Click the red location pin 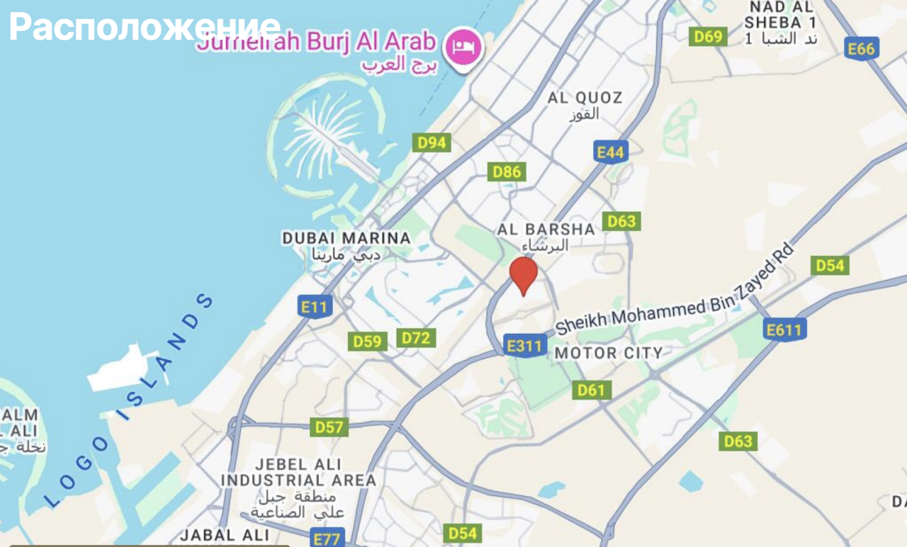point(524,273)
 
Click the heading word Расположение point(145,27)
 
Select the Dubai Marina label point(347,238)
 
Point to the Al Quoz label point(585,98)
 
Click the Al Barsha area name point(546,230)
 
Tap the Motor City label point(609,352)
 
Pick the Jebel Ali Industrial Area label point(298,473)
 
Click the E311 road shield point(526,346)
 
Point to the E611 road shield point(785,329)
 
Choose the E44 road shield point(610,152)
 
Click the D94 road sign point(432,142)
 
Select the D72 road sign point(416,338)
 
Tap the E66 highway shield point(862,48)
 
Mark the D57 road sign point(329,427)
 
